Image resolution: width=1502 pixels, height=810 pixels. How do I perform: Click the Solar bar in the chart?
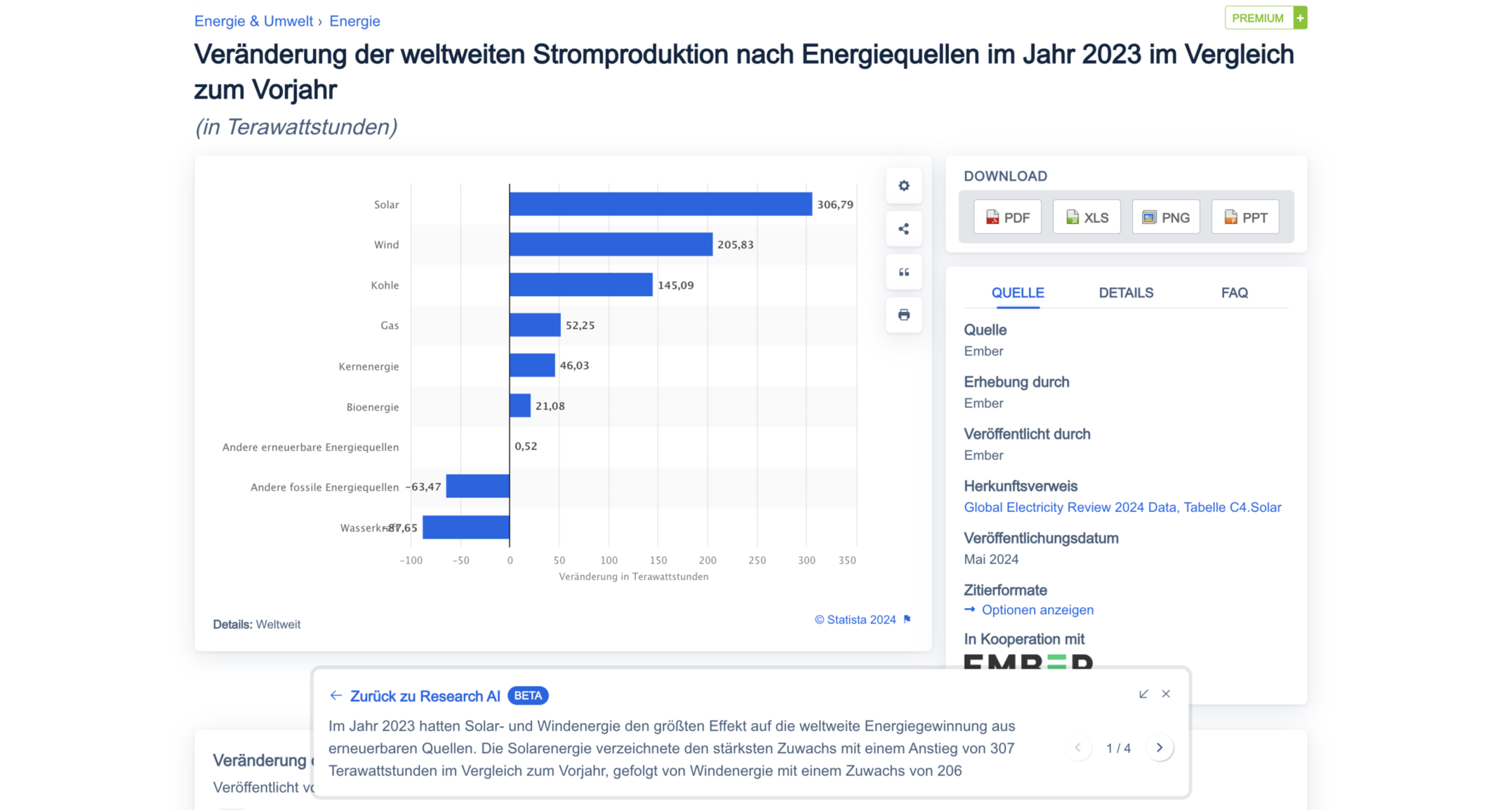[660, 204]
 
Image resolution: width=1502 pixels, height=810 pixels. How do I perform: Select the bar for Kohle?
[580, 285]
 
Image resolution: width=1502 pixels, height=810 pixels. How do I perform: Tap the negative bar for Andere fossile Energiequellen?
[477, 486]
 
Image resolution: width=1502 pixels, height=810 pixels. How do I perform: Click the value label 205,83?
[735, 245]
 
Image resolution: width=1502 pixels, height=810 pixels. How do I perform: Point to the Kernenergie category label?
[368, 366]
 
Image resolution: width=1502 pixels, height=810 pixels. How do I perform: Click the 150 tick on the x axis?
[658, 560]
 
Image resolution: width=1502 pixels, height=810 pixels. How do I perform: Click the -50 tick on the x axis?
[460, 560]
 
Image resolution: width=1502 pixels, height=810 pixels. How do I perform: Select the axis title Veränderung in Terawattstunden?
[633, 576]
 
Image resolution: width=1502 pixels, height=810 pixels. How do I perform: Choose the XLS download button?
[1086, 217]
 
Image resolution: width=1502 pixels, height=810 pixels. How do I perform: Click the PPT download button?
[1245, 217]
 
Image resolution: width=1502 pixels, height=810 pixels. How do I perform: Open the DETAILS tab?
[1126, 293]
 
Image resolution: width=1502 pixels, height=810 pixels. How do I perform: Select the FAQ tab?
[1234, 293]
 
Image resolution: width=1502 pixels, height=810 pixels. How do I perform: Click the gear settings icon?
[903, 186]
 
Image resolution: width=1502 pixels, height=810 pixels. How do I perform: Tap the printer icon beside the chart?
[903, 315]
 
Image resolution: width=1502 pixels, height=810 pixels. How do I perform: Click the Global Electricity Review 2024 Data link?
[1122, 507]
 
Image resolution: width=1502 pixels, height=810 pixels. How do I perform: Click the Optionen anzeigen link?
[1037, 610]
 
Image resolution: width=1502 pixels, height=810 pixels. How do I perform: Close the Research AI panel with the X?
[1166, 694]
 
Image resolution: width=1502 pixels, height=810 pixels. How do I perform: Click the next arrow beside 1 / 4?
[1159, 748]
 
